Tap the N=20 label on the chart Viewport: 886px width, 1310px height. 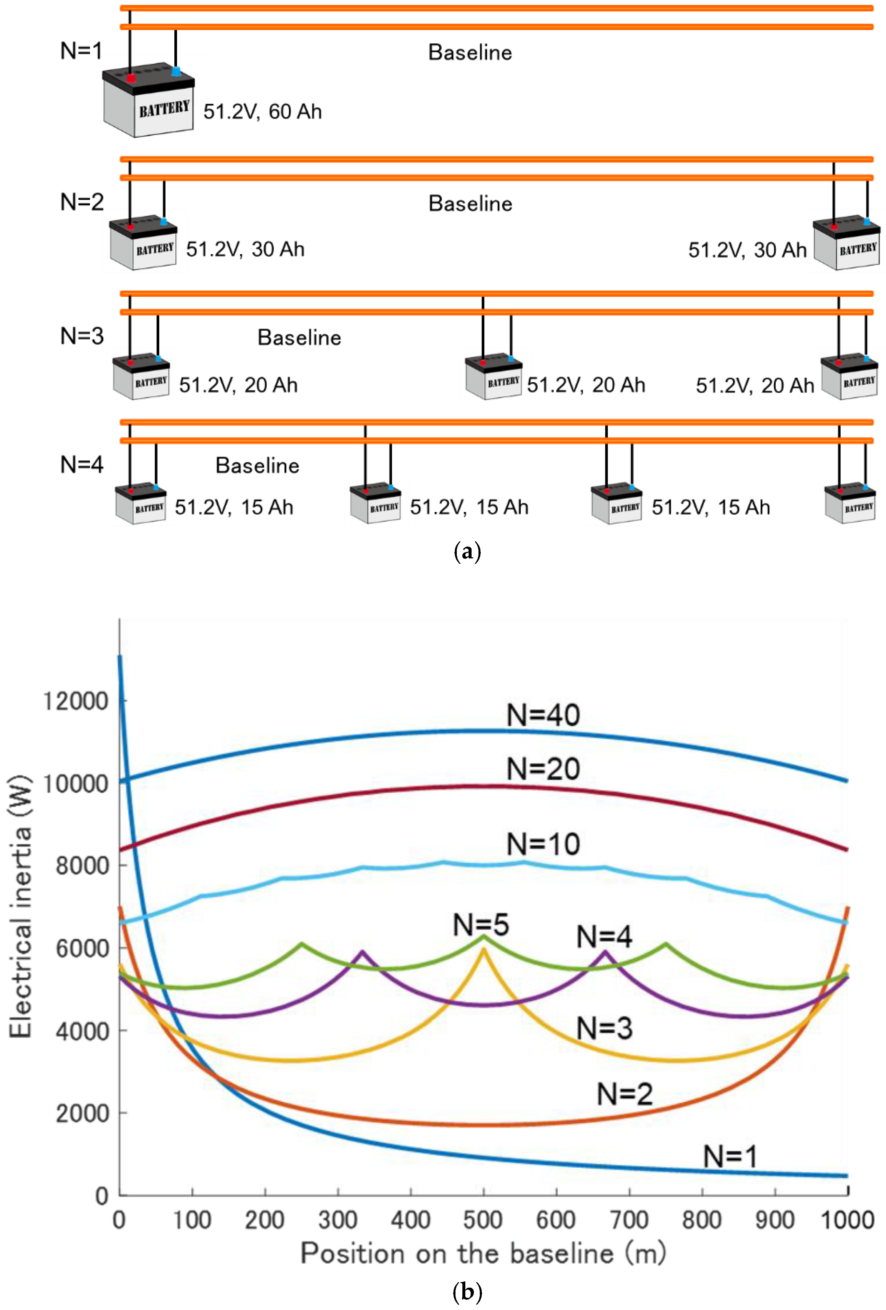coord(543,769)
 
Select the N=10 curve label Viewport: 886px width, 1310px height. coord(543,844)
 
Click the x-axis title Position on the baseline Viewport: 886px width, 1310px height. coord(483,1253)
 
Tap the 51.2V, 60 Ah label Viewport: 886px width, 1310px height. coord(262,112)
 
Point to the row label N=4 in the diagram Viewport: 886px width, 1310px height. coord(82,464)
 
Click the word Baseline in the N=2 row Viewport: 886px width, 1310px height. coord(470,203)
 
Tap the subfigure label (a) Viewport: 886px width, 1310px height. coord(467,551)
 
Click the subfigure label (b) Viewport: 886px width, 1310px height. coord(467,1291)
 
